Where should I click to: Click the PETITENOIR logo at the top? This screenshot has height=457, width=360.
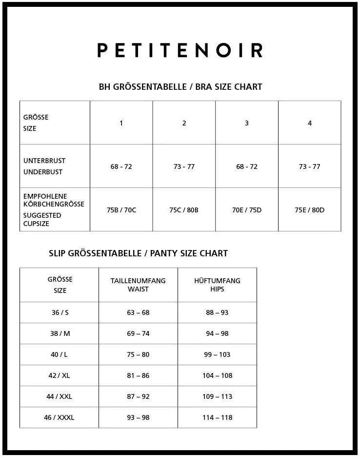click(180, 50)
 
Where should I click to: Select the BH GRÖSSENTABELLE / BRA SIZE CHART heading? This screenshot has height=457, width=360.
click(180, 87)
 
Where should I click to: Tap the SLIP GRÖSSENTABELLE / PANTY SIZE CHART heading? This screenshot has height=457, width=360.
click(138, 253)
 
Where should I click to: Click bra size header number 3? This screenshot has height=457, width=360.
click(247, 123)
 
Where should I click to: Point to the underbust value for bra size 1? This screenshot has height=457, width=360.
click(121, 166)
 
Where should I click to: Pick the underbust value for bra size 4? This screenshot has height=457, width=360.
click(310, 166)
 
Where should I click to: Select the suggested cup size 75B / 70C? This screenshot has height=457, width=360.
click(121, 210)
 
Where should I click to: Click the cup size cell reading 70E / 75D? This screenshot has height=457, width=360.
click(247, 210)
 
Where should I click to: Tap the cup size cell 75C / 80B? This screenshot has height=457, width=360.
click(184, 210)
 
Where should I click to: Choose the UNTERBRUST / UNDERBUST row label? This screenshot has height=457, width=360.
click(44, 166)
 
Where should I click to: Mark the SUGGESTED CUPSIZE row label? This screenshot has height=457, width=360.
click(42, 219)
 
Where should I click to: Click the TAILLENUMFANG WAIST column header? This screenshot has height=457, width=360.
click(138, 285)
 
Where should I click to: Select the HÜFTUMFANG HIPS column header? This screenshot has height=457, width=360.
click(217, 285)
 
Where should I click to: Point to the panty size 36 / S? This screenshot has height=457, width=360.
click(60, 312)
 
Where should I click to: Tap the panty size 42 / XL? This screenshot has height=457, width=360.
click(60, 375)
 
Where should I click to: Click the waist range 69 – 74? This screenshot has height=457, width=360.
click(138, 333)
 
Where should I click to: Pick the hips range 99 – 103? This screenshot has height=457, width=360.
click(217, 354)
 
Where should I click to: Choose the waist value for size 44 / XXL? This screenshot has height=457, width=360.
click(138, 396)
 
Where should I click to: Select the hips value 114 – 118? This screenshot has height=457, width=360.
click(217, 417)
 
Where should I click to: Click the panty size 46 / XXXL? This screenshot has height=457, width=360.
click(59, 417)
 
